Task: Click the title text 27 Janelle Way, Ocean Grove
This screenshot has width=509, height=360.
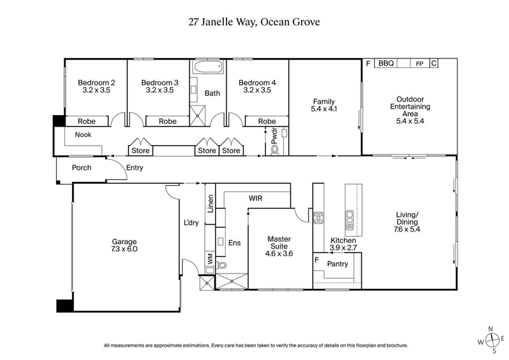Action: (x=254, y=21)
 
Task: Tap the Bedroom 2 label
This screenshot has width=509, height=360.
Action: (x=96, y=83)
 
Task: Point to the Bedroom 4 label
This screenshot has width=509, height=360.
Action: (x=257, y=83)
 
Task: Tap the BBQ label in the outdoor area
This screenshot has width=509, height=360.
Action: (x=386, y=64)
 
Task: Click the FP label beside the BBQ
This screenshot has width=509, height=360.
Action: (x=419, y=64)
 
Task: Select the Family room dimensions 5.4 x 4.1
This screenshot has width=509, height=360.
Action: (x=323, y=109)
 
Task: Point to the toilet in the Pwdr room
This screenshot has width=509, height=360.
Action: (x=275, y=149)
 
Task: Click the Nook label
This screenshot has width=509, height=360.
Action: (x=83, y=135)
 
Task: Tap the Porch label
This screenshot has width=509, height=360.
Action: (x=81, y=168)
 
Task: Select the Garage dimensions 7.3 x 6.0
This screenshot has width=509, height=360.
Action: (x=125, y=249)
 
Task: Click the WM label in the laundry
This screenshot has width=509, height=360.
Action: (x=209, y=259)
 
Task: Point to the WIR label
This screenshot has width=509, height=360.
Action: (x=256, y=198)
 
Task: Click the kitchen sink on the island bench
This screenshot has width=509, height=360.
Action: (x=349, y=220)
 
